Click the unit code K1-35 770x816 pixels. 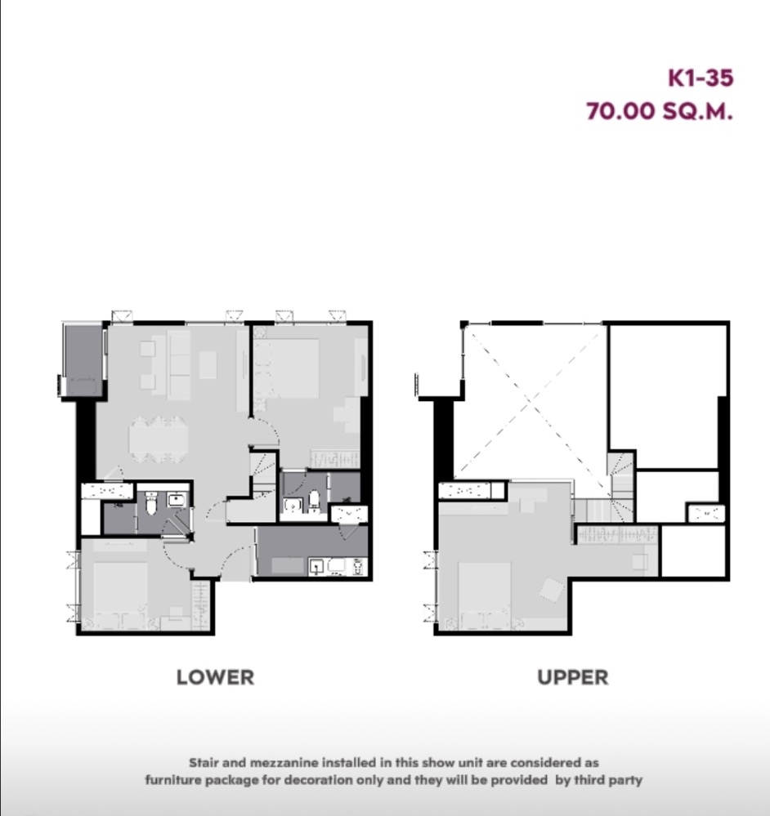[701, 78]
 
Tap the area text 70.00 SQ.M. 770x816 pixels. [659, 111]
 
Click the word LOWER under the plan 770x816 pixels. [215, 677]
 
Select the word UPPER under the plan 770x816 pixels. [572, 677]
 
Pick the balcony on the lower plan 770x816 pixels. [83, 360]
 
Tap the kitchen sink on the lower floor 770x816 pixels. [317, 565]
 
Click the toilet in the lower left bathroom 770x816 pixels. [150, 507]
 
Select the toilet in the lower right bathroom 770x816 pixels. [314, 500]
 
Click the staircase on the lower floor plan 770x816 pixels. [263, 474]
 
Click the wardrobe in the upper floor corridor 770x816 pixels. [617, 534]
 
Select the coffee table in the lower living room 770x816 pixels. [208, 367]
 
